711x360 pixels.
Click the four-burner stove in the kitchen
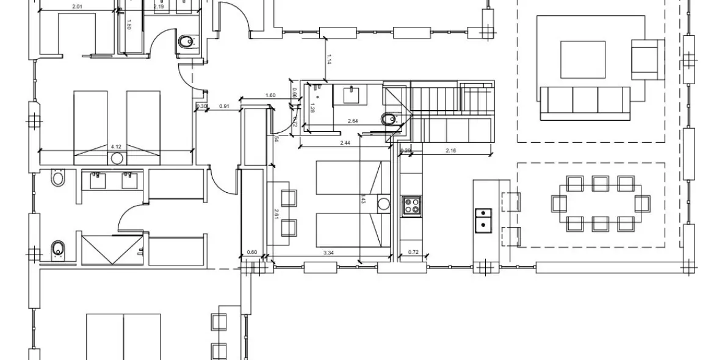click(411, 206)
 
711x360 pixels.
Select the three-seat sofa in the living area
click(585, 100)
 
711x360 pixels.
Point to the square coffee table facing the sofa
click(583, 59)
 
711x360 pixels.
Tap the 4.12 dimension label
click(116, 146)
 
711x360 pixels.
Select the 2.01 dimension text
click(78, 7)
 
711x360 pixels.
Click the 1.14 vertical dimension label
click(329, 59)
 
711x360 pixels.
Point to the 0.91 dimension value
click(224, 107)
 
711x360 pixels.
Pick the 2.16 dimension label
click(451, 150)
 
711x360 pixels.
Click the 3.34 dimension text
click(328, 252)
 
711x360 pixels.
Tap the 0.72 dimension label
click(413, 252)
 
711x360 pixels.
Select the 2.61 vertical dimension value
click(276, 214)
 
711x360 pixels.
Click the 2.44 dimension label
click(345, 142)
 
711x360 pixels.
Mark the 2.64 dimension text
click(353, 121)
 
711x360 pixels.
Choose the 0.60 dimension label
click(251, 252)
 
